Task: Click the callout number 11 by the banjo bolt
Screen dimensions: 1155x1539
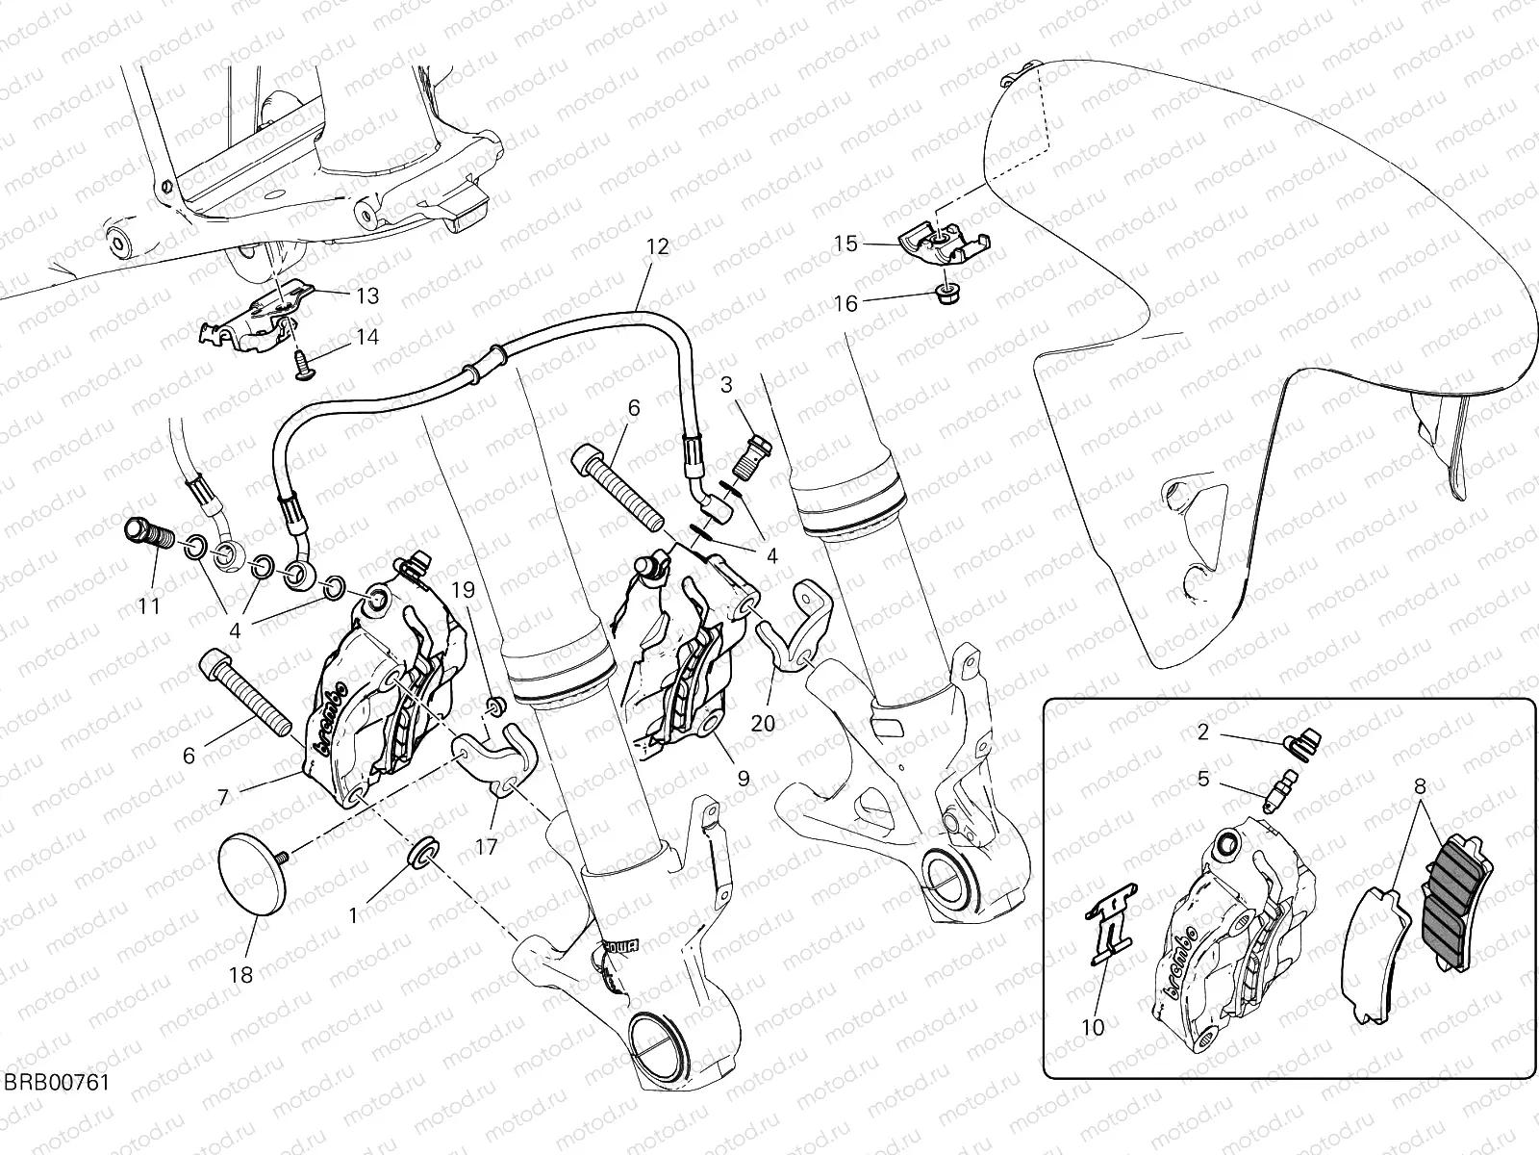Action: tap(148, 606)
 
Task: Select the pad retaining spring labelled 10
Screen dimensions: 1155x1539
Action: tap(1109, 926)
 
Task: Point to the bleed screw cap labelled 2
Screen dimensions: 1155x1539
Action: tap(1303, 742)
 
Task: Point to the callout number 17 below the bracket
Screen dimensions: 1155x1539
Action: tap(488, 847)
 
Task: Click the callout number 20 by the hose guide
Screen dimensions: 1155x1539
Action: tap(762, 724)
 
